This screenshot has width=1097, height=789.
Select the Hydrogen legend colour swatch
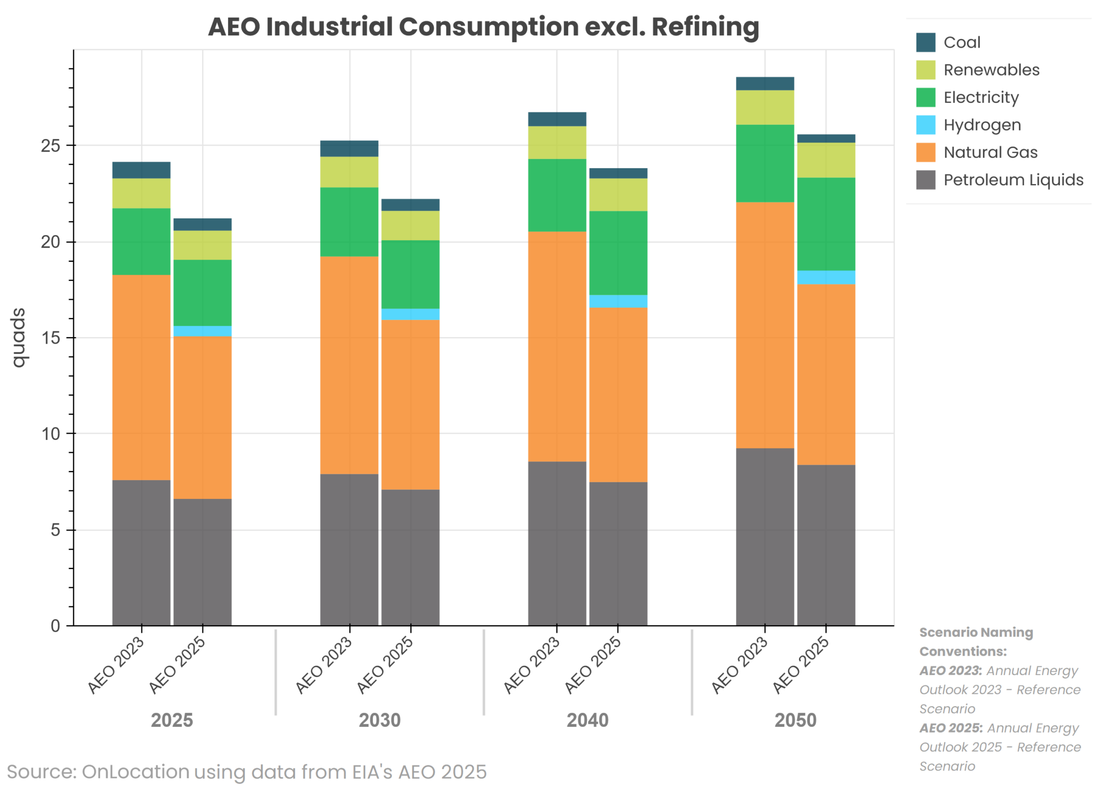coord(925,125)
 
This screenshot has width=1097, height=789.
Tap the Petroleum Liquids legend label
coord(1013,180)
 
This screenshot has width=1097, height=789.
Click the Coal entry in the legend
coord(961,42)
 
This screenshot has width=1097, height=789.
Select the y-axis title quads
coord(19,337)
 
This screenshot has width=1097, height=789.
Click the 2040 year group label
coord(587,720)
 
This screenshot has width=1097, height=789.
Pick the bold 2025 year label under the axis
coord(171,720)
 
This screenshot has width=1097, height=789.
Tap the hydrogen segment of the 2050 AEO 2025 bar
coord(825,277)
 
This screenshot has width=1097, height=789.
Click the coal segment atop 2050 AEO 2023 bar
coord(764,84)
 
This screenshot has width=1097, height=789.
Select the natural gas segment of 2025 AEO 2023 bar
coord(141,377)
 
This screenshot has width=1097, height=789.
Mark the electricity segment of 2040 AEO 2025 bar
coord(618,253)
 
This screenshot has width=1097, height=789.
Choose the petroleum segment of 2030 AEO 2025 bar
coord(410,557)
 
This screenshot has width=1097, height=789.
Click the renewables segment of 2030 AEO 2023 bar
coord(349,172)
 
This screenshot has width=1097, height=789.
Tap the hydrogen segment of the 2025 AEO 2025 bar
coord(202,331)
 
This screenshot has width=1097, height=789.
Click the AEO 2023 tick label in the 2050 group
coord(740,665)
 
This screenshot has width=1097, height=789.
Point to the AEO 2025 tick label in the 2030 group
coord(386,665)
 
